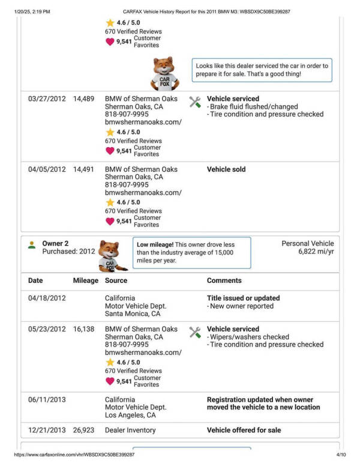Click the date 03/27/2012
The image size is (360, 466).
pos(47,98)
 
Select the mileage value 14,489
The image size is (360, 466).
pos(83,98)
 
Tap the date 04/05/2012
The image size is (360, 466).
pos(47,169)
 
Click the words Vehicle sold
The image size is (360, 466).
pos(226,169)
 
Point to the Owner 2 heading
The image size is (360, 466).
pos(55,243)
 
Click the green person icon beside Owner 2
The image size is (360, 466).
pos(31,245)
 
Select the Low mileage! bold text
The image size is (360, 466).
pos(155,245)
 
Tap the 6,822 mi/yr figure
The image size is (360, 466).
pos(316,252)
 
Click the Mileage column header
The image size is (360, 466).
pos(85,280)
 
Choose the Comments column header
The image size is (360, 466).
pos(224,280)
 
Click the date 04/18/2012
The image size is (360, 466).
pos(47,298)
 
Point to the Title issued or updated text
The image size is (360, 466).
pos(243,298)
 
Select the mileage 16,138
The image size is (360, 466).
pos(83,329)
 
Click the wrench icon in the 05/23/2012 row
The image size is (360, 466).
pos(195,332)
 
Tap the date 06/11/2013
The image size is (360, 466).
pos(47,399)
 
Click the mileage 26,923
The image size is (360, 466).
pos(83,430)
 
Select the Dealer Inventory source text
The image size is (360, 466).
pos(130,430)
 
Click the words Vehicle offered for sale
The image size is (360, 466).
pos(244,430)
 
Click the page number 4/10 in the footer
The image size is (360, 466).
pos(341,455)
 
